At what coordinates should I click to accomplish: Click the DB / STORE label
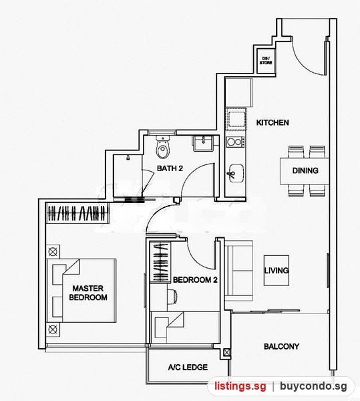point(266,61)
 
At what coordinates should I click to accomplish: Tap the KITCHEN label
point(273,122)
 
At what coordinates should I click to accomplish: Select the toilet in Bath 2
point(163,147)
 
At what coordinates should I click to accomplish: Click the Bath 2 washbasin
point(203,143)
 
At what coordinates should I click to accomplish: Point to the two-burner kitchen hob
point(235,142)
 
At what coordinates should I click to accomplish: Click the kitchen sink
point(236,173)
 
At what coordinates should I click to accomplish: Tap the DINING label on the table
point(305,170)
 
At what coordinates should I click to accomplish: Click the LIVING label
point(277,270)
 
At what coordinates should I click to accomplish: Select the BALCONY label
point(282,346)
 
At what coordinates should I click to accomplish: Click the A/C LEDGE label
point(188,368)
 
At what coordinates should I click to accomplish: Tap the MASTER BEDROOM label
point(88,293)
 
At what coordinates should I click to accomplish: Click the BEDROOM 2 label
point(195,280)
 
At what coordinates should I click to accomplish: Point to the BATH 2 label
point(170,168)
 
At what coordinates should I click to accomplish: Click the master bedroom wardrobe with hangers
point(77,213)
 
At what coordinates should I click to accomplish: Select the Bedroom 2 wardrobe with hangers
point(160,261)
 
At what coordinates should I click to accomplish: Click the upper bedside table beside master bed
point(53,252)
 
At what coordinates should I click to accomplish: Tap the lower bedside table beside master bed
point(53,329)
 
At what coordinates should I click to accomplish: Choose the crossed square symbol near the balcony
point(226,353)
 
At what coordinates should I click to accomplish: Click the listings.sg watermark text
point(240,386)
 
